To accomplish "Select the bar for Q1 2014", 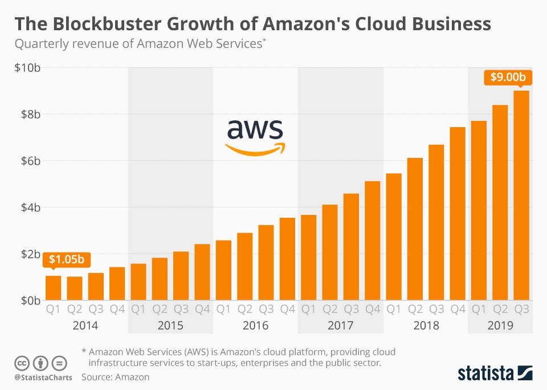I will tap(53, 288).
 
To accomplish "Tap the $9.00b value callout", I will tap(504, 77).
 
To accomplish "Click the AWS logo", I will tap(255, 137).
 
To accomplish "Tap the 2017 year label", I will tap(340, 326).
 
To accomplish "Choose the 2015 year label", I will tap(170, 326).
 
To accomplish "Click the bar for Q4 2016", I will tap(287, 259).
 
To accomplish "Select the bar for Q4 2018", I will tap(458, 214).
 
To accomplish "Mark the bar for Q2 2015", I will tap(160, 279).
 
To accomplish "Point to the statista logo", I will tap(494, 373).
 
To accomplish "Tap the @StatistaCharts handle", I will tap(41, 377).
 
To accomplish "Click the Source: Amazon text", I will tap(115, 377).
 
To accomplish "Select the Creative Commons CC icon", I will tap(22, 363).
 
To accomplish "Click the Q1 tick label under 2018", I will tap(394, 310).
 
